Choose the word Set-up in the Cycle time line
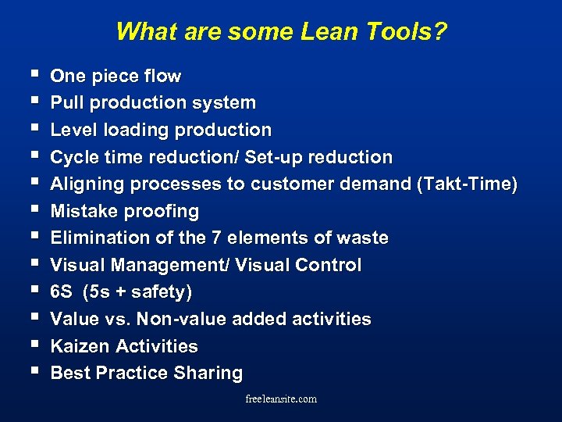(273, 157)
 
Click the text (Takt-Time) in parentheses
(467, 184)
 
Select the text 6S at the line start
(61, 292)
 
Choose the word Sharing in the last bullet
(208, 374)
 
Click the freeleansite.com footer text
(281, 399)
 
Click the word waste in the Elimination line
(364, 238)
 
